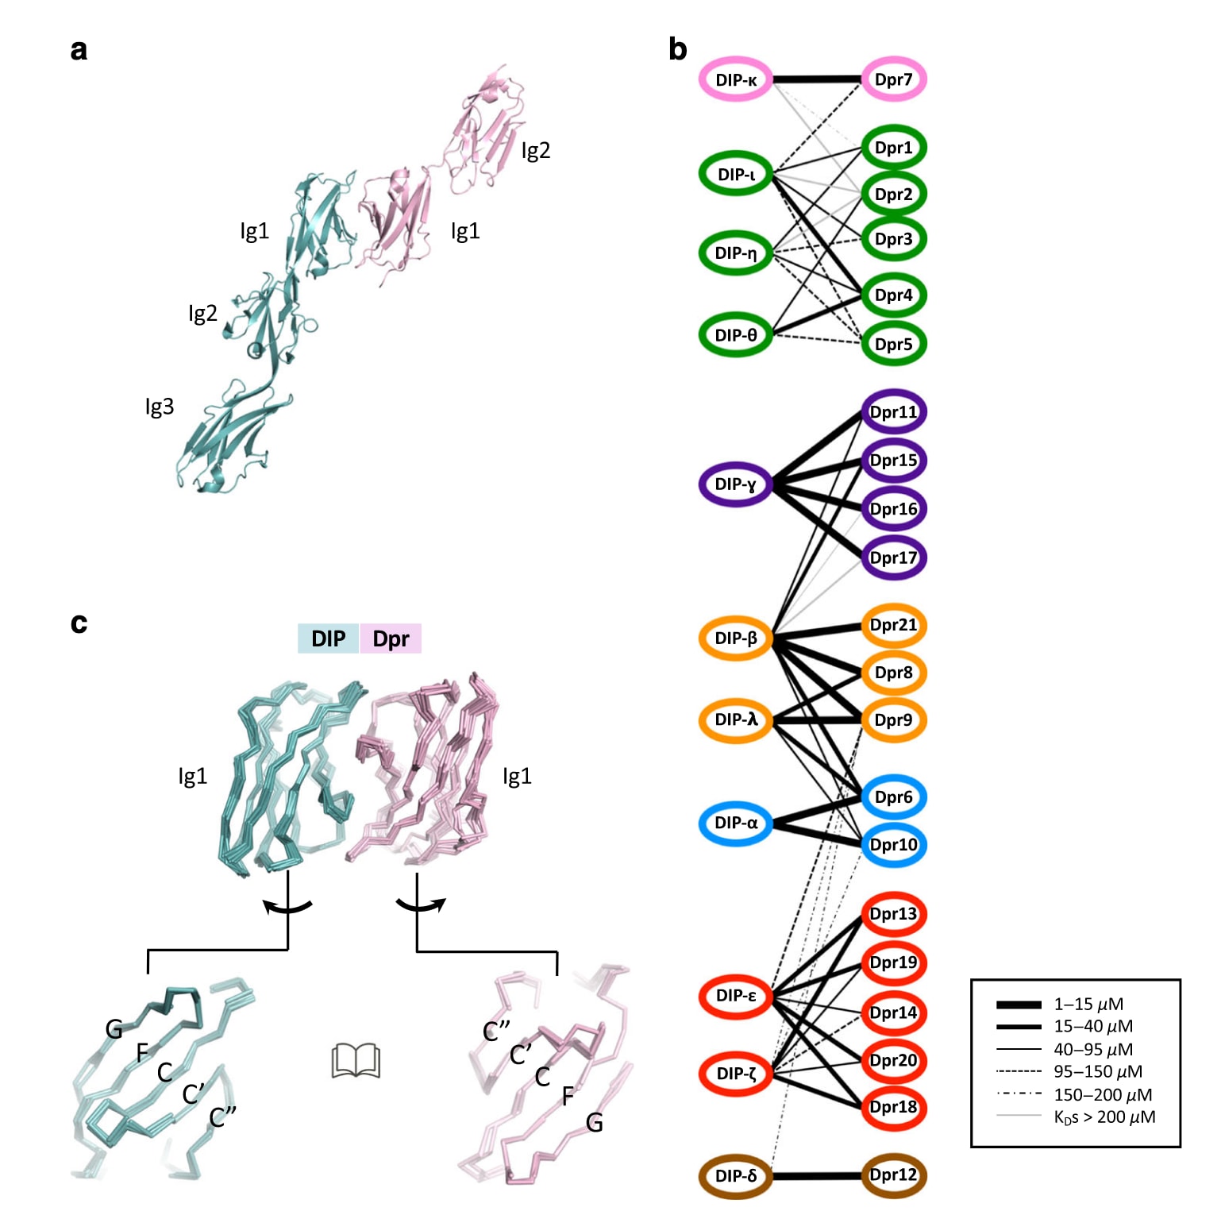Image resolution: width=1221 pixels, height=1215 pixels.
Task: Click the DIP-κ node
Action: [x=736, y=79]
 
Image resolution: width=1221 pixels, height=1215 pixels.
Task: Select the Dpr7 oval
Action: [x=894, y=79]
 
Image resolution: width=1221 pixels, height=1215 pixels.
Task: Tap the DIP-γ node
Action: [x=736, y=484]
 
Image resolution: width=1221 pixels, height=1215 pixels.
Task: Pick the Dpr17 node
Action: [x=894, y=557]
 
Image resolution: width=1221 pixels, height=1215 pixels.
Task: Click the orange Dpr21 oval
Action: [x=894, y=625]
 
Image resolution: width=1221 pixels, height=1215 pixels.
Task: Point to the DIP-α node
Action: [x=736, y=823]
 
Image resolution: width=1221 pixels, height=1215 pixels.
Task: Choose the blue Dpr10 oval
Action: [x=894, y=844]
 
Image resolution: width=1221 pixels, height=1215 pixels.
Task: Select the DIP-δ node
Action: [x=736, y=1175]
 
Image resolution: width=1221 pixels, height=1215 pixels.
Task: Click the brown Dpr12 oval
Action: [x=894, y=1175]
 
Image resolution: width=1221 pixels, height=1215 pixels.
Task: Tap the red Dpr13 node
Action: [x=894, y=914]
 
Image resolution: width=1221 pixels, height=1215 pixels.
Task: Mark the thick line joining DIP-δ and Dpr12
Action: [x=817, y=1175]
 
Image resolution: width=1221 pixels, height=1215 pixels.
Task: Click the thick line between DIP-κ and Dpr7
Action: [x=817, y=79]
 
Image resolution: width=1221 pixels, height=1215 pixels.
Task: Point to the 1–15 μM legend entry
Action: [x=1060, y=1005]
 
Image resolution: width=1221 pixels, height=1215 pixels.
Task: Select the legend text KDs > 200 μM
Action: [x=1104, y=1117]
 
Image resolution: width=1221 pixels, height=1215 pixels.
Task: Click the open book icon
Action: [x=356, y=1061]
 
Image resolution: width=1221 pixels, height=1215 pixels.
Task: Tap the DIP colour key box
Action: [x=328, y=638]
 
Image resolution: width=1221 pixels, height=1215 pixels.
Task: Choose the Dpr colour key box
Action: [x=391, y=638]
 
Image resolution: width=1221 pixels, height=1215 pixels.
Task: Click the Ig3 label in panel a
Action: [x=159, y=407]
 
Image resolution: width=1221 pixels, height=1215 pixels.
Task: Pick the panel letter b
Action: [x=677, y=49]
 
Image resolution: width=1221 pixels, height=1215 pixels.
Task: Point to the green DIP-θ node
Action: [x=736, y=334]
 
